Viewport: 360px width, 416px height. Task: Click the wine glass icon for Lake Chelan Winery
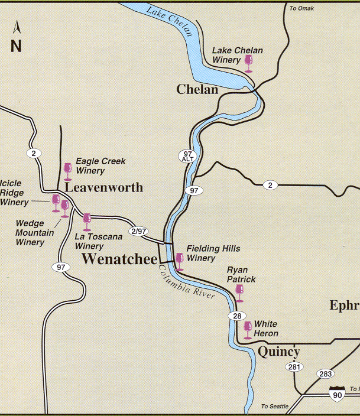[x=248, y=63]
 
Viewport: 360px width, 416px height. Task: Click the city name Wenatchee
[x=119, y=259]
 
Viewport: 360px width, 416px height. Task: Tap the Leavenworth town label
[x=104, y=187]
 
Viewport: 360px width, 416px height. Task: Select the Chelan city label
[x=197, y=90]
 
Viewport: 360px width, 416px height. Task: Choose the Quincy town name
[x=279, y=352]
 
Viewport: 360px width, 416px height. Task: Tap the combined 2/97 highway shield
[x=138, y=231]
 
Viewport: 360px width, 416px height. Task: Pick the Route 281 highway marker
[x=294, y=368]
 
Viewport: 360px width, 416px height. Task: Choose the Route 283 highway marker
[x=325, y=373]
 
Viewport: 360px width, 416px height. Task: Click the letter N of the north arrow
[x=16, y=46]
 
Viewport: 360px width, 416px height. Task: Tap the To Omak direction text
[x=301, y=8]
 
